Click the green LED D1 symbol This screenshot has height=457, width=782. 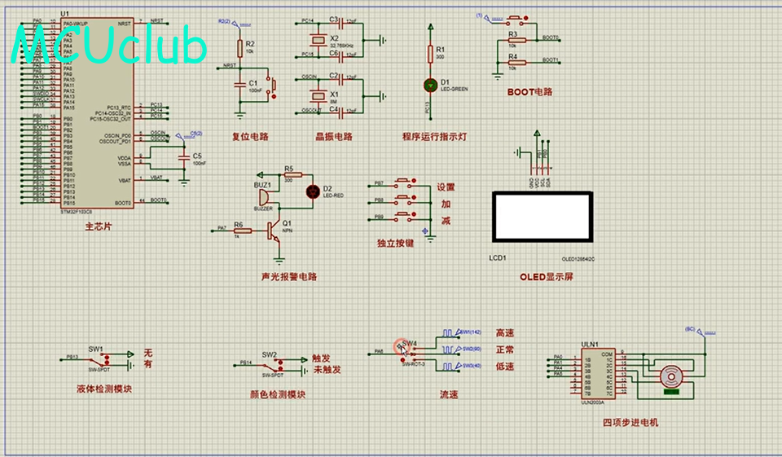(430, 84)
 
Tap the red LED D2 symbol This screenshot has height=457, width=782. (311, 191)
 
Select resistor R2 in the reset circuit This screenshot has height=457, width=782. (239, 48)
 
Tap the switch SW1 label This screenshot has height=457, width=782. (96, 349)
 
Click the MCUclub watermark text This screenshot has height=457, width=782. (110, 47)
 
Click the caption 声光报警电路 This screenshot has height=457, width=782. (288, 277)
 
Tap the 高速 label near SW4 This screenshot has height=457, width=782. (505, 333)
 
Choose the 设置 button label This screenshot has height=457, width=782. (446, 187)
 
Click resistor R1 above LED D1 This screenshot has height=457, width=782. (430, 54)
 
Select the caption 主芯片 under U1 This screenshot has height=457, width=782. (98, 227)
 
